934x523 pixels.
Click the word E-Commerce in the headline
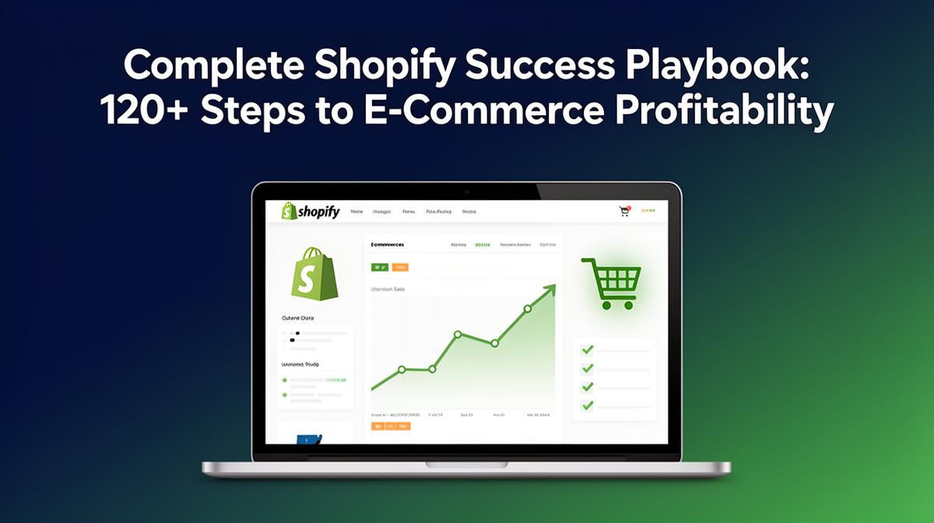click(486, 111)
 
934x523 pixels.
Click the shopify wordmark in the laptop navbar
click(311, 211)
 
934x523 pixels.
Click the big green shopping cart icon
click(612, 283)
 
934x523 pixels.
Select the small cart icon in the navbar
click(624, 211)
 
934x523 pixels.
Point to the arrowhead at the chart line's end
click(550, 290)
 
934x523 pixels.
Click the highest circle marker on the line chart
click(527, 309)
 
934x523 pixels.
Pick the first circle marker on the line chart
click(402, 370)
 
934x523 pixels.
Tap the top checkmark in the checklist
click(588, 349)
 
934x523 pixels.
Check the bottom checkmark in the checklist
click(588, 405)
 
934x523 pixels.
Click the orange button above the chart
click(400, 267)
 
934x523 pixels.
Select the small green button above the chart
click(380, 267)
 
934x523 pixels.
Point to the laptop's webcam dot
click(466, 191)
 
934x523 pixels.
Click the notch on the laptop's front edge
click(466, 465)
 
